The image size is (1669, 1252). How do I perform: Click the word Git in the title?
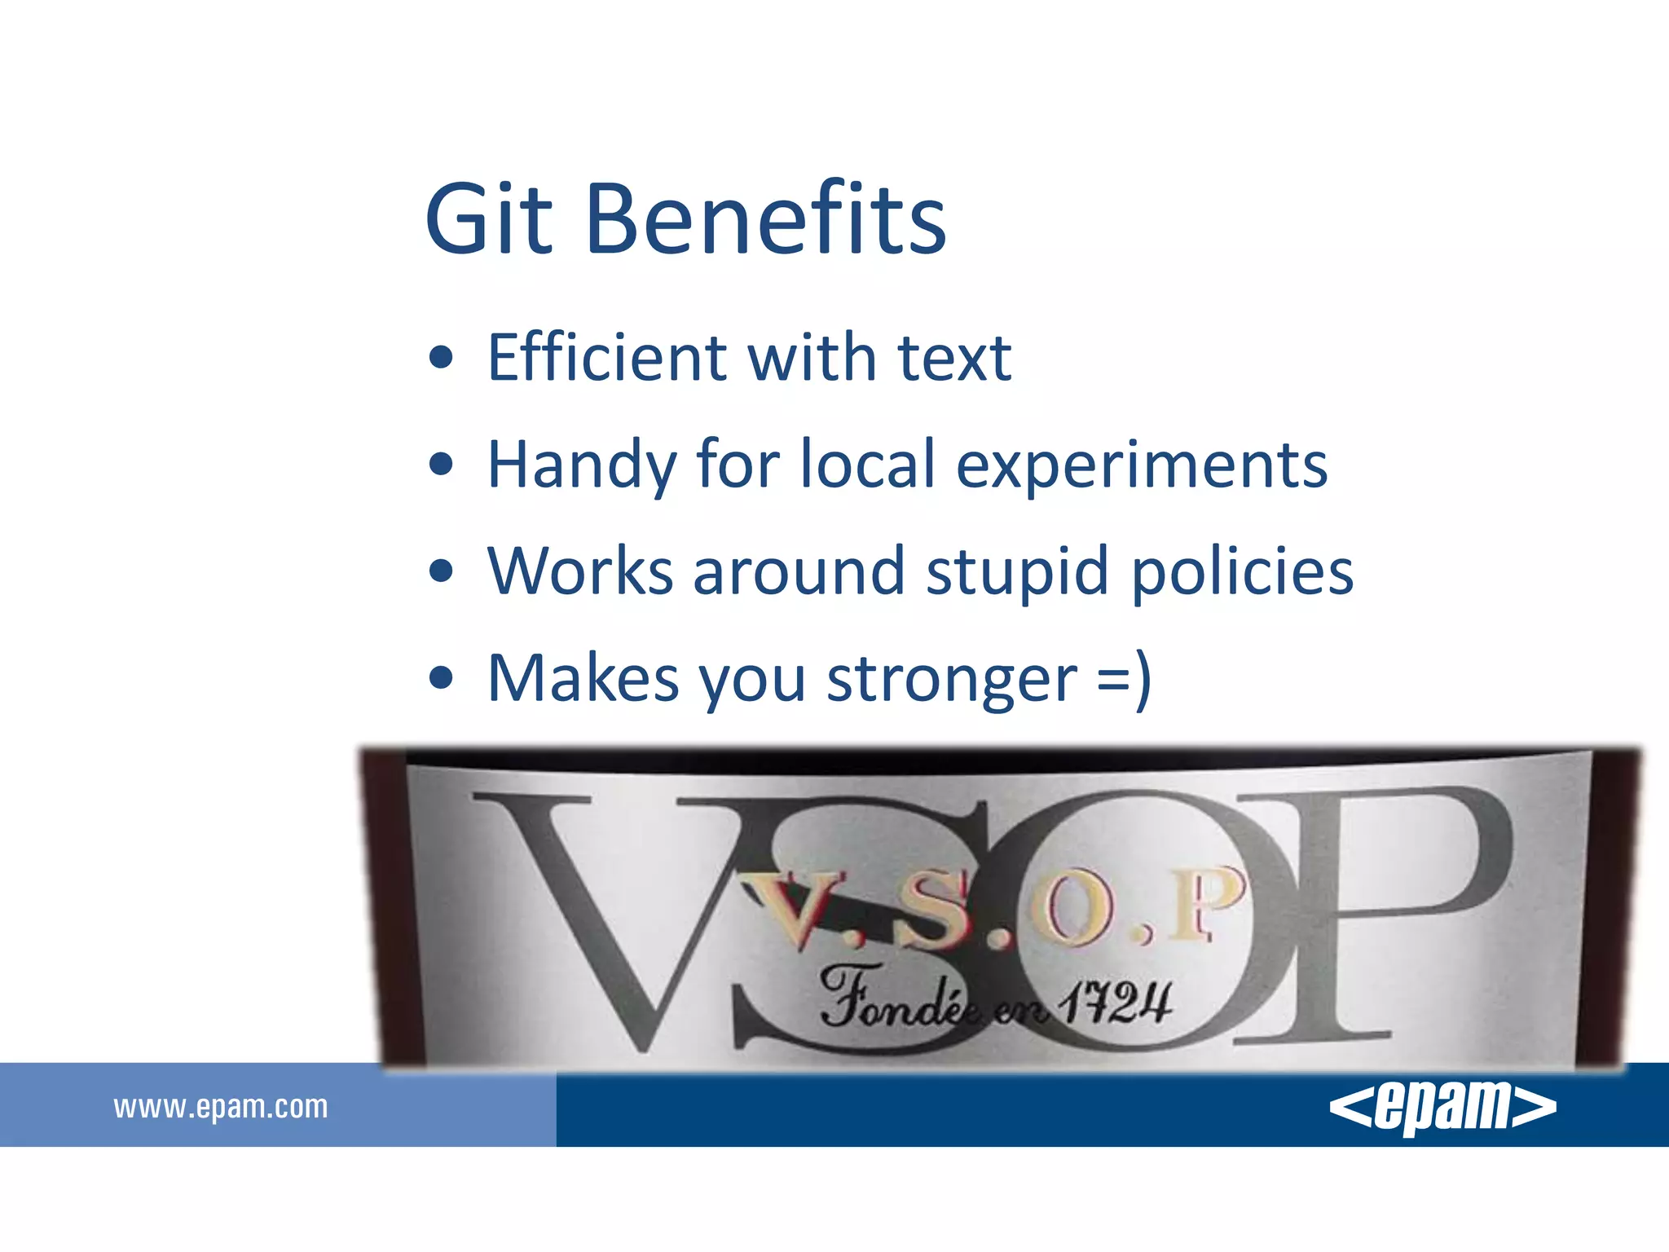click(487, 218)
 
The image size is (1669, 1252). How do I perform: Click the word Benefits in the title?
click(765, 218)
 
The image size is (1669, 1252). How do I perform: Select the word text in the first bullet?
click(953, 359)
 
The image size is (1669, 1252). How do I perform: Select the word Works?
click(581, 571)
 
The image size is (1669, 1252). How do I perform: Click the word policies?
click(1243, 572)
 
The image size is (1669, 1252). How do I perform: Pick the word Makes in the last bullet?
click(583, 678)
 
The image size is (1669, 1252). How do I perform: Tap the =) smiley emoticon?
click(1125, 678)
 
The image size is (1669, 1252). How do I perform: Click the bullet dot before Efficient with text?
click(441, 358)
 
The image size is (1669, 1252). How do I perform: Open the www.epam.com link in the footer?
click(221, 1107)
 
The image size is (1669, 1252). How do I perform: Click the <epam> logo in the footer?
click(1442, 1106)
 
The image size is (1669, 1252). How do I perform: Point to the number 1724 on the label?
click(1116, 1003)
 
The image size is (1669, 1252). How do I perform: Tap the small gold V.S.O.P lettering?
click(990, 909)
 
